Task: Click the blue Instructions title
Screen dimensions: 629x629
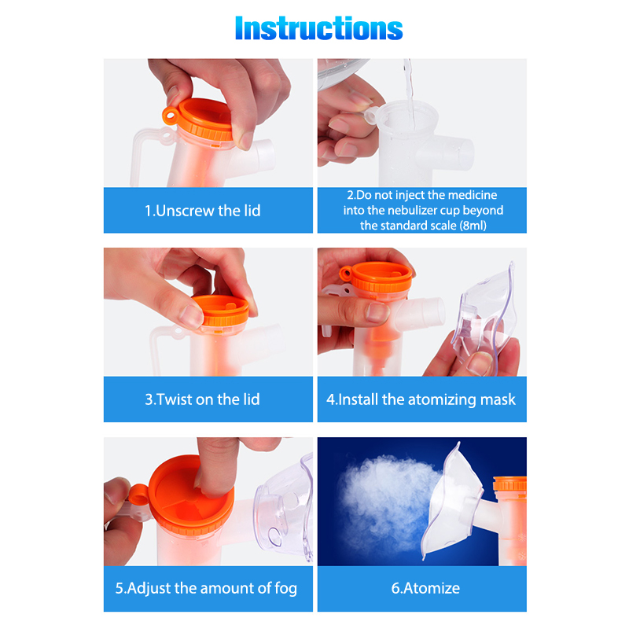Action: (319, 28)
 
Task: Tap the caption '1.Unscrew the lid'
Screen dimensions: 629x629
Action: (203, 211)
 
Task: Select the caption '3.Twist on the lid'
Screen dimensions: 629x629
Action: (202, 399)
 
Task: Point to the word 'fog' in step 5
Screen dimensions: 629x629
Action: (285, 588)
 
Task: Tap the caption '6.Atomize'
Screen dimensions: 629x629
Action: (425, 588)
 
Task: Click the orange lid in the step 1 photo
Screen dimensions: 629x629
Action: (204, 120)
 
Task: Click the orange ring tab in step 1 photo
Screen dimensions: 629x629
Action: (171, 116)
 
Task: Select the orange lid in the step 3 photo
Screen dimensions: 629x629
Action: (222, 311)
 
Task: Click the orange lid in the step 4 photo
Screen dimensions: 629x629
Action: (377, 277)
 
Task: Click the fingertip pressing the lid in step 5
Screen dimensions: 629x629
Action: (209, 484)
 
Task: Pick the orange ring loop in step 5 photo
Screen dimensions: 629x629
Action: (138, 495)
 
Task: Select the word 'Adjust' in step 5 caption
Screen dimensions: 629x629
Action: (149, 588)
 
